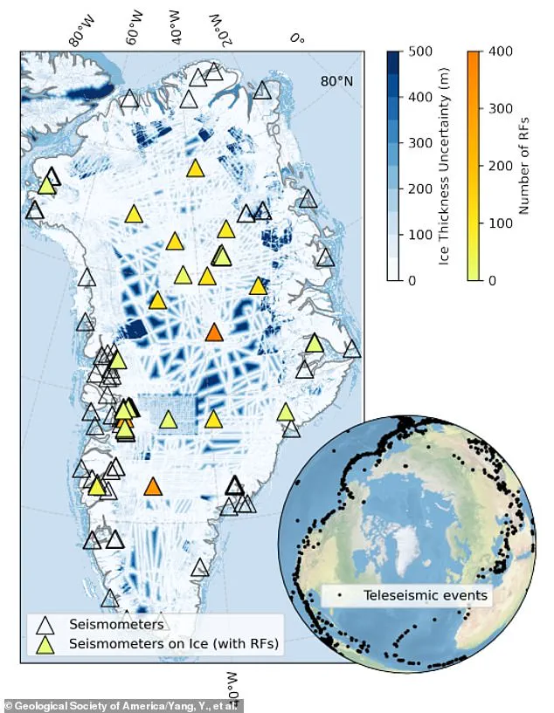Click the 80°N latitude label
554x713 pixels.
[336, 81]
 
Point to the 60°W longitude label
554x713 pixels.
[135, 28]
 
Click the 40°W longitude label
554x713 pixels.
[177, 28]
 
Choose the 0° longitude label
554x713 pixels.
[298, 38]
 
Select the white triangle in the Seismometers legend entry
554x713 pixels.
[45, 625]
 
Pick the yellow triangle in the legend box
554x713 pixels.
[45, 645]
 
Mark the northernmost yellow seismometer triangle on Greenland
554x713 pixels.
[196, 168]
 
